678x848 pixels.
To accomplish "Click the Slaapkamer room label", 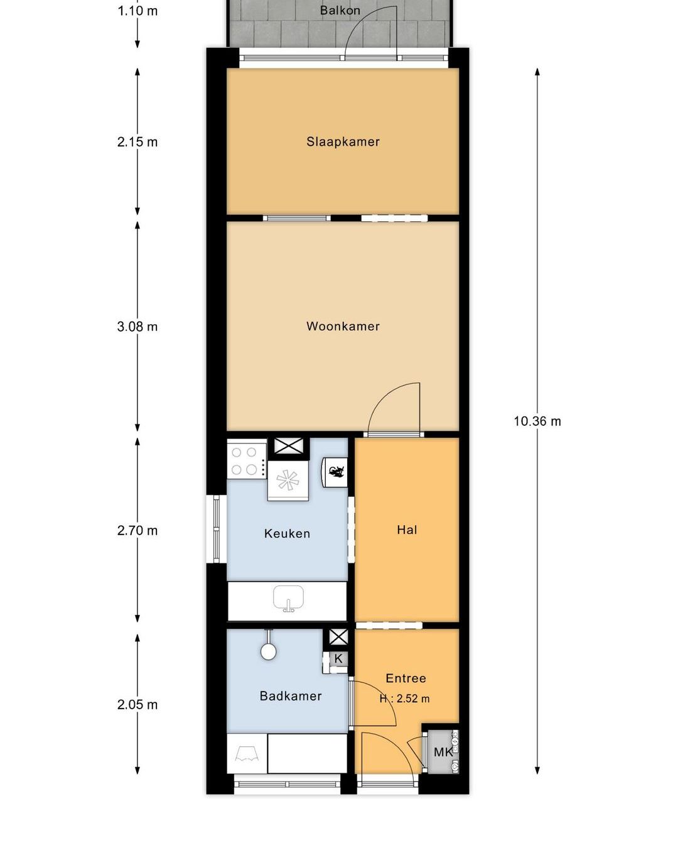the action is (343, 141).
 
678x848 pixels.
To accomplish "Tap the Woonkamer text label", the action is (343, 326).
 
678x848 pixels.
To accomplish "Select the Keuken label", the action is (287, 533).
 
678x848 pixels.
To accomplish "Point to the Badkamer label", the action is (291, 696).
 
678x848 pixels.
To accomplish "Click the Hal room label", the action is (407, 530).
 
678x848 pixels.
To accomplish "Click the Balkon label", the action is (340, 10).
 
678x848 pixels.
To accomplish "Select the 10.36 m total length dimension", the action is (537, 421).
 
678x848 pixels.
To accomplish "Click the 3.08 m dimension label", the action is (137, 327).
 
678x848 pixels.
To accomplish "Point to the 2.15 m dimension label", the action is (137, 142).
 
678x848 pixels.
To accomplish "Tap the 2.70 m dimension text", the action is (137, 530).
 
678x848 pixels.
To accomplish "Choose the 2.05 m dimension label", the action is (137, 704).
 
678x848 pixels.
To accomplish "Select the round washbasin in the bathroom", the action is (268, 651).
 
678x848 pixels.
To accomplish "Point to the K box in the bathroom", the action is (338, 658).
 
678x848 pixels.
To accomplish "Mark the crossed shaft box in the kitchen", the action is (289, 446).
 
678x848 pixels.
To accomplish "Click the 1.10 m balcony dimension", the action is (137, 11).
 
